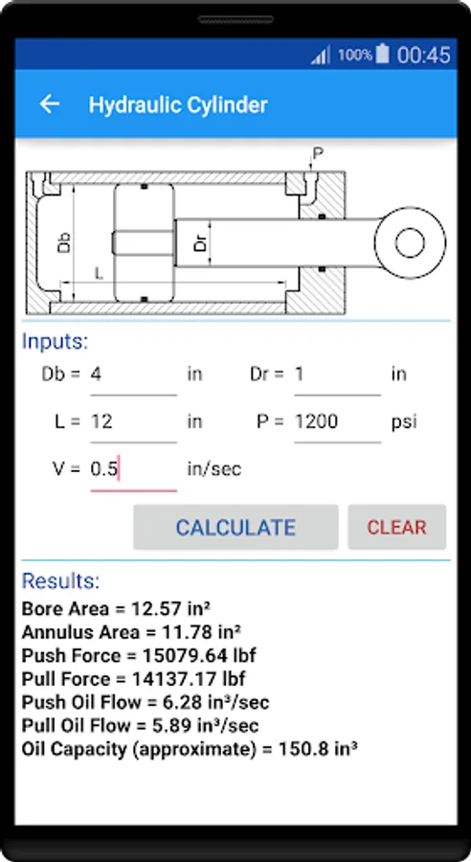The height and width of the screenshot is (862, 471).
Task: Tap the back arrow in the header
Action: [x=50, y=103]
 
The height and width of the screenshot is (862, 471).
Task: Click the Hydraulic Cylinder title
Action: [x=178, y=104]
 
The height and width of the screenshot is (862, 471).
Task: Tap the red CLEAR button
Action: [x=396, y=527]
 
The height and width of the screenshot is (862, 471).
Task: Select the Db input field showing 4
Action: [x=134, y=374]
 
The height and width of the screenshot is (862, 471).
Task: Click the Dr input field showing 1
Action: [x=337, y=374]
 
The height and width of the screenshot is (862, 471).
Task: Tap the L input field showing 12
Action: [x=134, y=422]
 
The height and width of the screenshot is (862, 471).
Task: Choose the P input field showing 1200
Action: [x=337, y=422]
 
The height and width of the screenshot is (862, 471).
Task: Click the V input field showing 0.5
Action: [x=134, y=469]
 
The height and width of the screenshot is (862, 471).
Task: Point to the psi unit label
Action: [x=404, y=422]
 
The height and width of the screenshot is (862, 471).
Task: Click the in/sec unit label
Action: [x=214, y=469]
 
